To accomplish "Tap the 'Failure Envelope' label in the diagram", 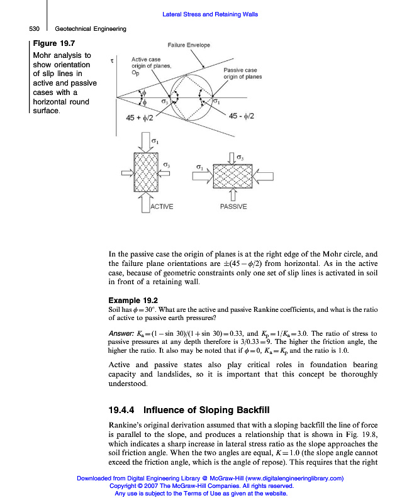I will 189,45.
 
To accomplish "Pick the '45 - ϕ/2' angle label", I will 242,116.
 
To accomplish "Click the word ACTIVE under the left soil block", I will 162,206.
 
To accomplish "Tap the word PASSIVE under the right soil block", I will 233,206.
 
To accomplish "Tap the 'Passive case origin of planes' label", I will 243,73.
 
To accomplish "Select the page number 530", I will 35,28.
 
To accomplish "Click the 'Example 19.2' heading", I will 133,301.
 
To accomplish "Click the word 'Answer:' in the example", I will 122,333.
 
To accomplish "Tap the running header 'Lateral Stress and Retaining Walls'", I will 210,14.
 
